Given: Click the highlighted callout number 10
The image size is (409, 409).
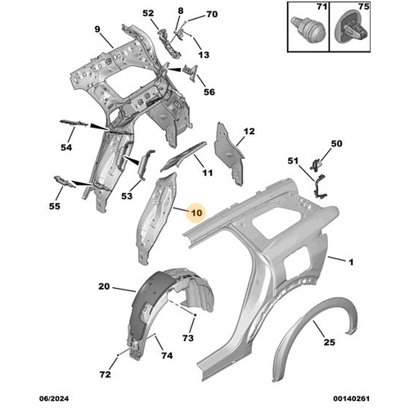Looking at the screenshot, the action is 197,213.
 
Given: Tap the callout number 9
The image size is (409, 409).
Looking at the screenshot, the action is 97,29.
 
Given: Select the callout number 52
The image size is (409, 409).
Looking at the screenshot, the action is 148,13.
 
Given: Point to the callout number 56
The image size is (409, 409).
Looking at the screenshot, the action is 209,92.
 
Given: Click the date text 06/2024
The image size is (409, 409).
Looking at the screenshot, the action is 54,398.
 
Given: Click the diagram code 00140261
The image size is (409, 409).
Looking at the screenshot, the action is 351,398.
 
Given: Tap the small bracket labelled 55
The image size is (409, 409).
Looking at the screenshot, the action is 65,182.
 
